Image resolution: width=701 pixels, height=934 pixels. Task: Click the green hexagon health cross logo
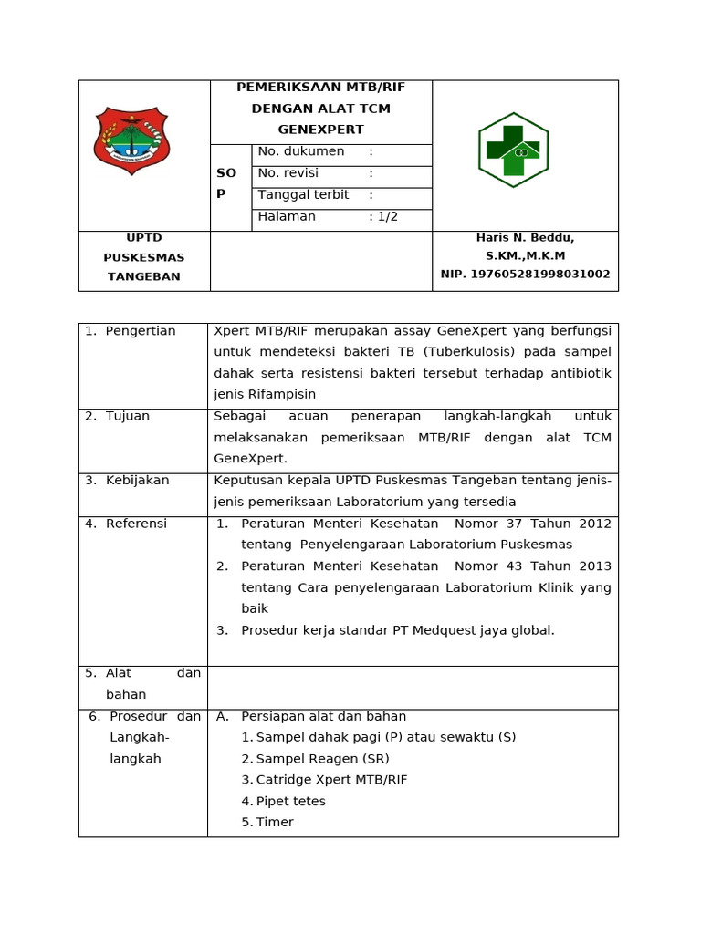click(513, 150)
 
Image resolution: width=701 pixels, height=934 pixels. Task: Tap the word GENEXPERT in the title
click(320, 130)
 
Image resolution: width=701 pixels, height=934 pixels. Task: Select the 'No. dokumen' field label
click(301, 151)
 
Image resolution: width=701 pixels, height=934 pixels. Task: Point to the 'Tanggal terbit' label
click(303, 195)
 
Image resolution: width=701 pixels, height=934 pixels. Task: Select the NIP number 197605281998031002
click(525, 274)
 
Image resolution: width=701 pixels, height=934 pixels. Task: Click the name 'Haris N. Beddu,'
click(525, 237)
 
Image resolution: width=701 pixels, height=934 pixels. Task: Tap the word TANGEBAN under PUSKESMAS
click(143, 276)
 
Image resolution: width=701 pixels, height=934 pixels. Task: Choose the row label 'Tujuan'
click(128, 416)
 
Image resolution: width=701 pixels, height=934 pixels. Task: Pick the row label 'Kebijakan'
click(137, 481)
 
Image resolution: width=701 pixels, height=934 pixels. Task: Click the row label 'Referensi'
click(136, 524)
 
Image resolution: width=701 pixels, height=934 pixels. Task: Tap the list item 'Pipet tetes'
click(290, 801)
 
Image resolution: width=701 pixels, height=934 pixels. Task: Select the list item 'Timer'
click(275, 822)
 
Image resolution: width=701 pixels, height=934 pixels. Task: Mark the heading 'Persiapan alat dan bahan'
click(323, 717)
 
